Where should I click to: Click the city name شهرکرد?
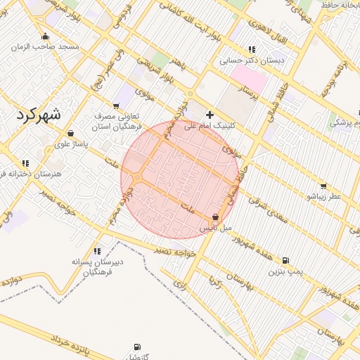(x=37, y=113)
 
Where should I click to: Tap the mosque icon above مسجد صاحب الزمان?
(x=46, y=37)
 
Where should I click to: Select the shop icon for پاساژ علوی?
(x=70, y=134)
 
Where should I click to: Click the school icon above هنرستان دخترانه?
(x=26, y=163)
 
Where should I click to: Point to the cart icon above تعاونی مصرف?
(x=117, y=105)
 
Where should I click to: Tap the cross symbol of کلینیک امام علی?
(x=210, y=115)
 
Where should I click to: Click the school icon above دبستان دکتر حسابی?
(x=251, y=49)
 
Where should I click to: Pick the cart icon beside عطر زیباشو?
(x=323, y=186)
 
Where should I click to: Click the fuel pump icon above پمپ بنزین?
(x=285, y=260)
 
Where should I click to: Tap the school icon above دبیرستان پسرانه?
(x=97, y=250)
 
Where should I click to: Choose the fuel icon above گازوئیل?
(x=136, y=347)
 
